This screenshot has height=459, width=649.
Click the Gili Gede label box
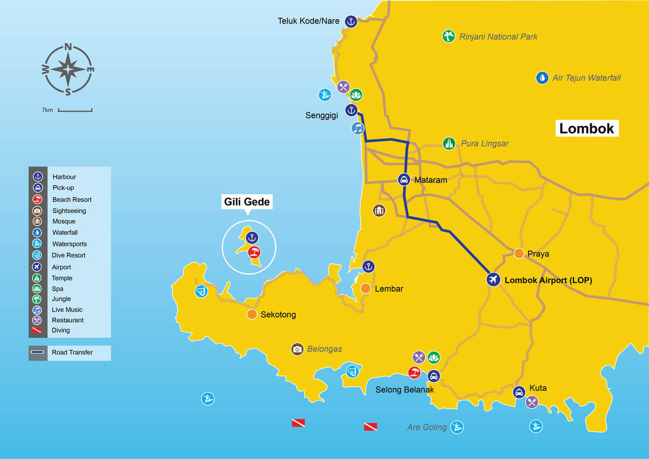pyautogui.click(x=247, y=202)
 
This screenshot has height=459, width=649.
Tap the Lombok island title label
pyautogui.click(x=586, y=128)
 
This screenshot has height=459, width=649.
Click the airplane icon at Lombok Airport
pyautogui.click(x=493, y=279)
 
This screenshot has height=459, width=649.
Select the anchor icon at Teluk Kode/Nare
pyautogui.click(x=351, y=21)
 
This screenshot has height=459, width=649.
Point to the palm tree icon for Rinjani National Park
pyautogui.click(x=448, y=36)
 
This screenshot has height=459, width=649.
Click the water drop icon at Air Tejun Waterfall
pyautogui.click(x=542, y=78)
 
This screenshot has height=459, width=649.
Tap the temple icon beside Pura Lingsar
pyautogui.click(x=449, y=144)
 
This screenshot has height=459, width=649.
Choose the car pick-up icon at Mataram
pyautogui.click(x=404, y=179)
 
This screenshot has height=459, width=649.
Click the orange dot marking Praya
pyautogui.click(x=519, y=254)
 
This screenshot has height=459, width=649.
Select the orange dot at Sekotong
pyautogui.click(x=252, y=314)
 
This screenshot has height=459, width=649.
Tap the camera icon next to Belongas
pyautogui.click(x=297, y=349)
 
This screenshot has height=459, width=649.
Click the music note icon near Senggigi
pyautogui.click(x=358, y=128)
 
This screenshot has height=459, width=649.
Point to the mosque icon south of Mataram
pyautogui.click(x=379, y=210)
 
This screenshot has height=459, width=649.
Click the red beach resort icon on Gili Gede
pyautogui.click(x=254, y=252)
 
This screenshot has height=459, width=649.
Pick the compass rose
pyautogui.click(x=68, y=69)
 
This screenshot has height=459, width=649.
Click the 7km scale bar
pyautogui.click(x=75, y=110)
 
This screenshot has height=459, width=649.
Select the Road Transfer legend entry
pyautogui.click(x=69, y=352)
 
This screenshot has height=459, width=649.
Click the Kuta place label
pyautogui.click(x=537, y=388)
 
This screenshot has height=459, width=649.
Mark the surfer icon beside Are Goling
pyautogui.click(x=457, y=427)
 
